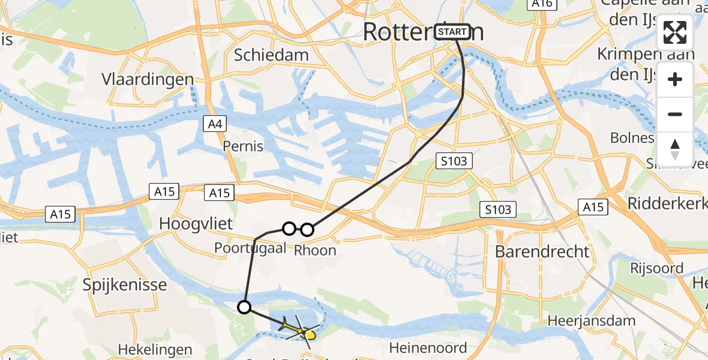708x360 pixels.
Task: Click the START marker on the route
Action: [452, 32]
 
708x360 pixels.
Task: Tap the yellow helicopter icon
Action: [299, 328]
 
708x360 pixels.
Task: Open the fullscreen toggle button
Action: [675, 33]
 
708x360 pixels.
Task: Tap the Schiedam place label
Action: [271, 55]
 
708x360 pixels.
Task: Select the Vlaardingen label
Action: [148, 79]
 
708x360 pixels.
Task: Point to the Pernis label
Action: [243, 146]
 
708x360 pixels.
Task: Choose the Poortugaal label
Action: [250, 248]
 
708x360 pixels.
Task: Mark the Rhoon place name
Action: [315, 250]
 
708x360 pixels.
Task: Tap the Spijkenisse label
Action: [125, 284]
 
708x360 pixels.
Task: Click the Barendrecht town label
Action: [542, 251]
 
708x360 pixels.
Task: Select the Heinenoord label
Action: [428, 348]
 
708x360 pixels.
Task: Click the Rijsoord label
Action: [656, 268]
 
